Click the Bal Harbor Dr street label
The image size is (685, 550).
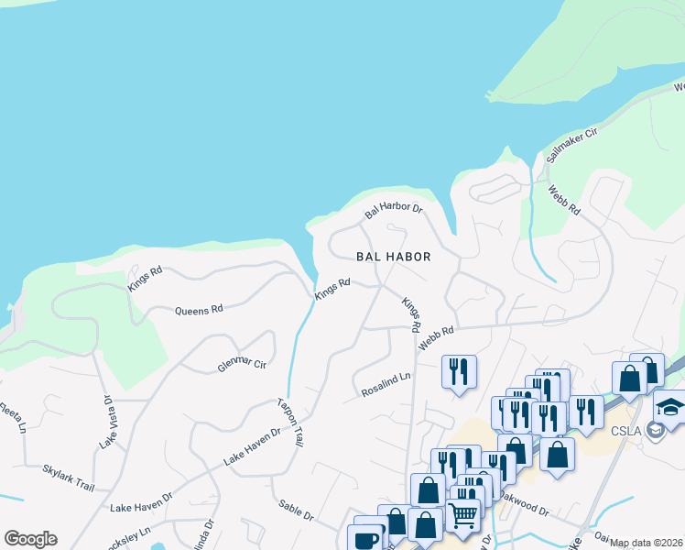pyautogui.click(x=394, y=210)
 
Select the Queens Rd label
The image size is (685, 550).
pyautogui.click(x=199, y=310)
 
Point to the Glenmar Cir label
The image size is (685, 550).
pyautogui.click(x=242, y=364)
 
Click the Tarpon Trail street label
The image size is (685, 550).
pyautogui.click(x=290, y=422)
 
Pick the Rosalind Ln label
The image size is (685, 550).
pyautogui.click(x=386, y=382)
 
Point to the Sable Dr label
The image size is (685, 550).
pyautogui.click(x=296, y=511)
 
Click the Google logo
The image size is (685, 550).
pyautogui.click(x=30, y=539)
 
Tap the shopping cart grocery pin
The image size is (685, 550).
pyautogui.click(x=463, y=516)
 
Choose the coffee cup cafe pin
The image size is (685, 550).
pyautogui.click(x=367, y=539)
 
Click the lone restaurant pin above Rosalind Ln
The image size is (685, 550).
pyautogui.click(x=458, y=371)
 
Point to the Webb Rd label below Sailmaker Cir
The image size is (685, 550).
pyautogui.click(x=564, y=200)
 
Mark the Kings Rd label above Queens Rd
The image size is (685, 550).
pyautogui.click(x=145, y=277)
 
